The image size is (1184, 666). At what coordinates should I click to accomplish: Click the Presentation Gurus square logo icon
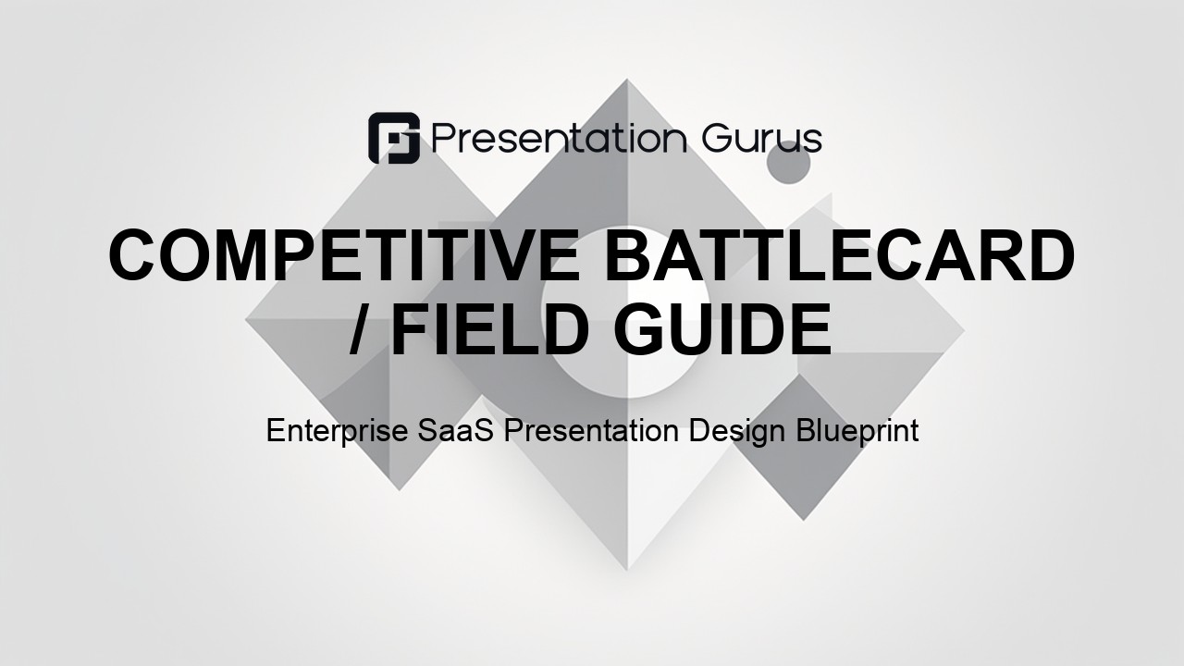click(394, 138)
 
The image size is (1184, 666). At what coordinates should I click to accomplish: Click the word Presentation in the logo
click(560, 139)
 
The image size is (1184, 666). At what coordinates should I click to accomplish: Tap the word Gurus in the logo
click(761, 139)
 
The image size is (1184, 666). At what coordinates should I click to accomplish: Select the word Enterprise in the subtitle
click(337, 431)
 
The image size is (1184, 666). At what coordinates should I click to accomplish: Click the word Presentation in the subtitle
click(591, 430)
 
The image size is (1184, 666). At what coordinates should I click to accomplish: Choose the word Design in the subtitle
click(735, 432)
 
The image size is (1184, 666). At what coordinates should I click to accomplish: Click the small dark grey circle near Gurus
click(788, 162)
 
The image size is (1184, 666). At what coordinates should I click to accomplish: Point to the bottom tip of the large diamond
click(627, 570)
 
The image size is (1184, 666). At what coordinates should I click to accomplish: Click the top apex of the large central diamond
click(627, 80)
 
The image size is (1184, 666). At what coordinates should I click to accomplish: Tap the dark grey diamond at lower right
click(804, 447)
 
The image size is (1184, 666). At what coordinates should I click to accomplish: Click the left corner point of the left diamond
click(246, 319)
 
